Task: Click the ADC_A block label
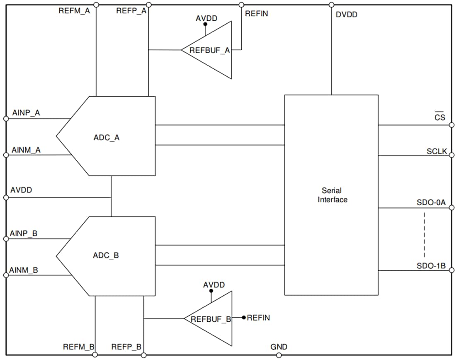pyautogui.click(x=106, y=138)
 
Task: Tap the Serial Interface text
pyautogui.click(x=332, y=195)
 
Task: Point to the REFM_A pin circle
pyautogui.click(x=96, y=5)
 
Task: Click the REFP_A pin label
pyautogui.click(x=131, y=11)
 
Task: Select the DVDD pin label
pyautogui.click(x=346, y=15)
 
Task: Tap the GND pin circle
pyautogui.click(x=279, y=355)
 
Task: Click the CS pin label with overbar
pyautogui.click(x=439, y=117)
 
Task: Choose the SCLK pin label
pyautogui.click(x=437, y=151)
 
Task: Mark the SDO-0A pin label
pyautogui.click(x=431, y=203)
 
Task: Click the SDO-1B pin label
pyautogui.click(x=431, y=266)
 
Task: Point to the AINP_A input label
pyautogui.click(x=26, y=113)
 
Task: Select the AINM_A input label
pyautogui.click(x=26, y=150)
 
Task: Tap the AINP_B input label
pyautogui.click(x=24, y=234)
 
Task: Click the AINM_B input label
pyautogui.click(x=24, y=270)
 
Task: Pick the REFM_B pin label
pyautogui.click(x=79, y=347)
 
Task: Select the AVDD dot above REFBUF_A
pyautogui.click(x=205, y=24)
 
